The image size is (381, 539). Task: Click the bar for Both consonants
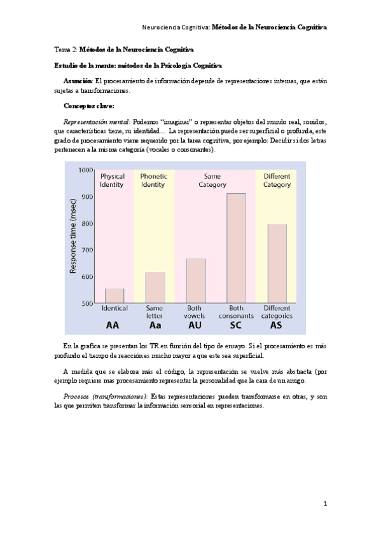(x=236, y=249)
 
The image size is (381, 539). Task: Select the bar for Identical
(x=114, y=296)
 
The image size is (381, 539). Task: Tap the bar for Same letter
(x=155, y=288)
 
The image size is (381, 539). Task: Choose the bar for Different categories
(x=276, y=264)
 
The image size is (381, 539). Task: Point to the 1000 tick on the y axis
(x=85, y=170)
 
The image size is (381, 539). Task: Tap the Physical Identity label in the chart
(x=113, y=181)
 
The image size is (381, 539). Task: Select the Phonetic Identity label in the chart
(x=153, y=181)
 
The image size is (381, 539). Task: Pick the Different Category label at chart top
(x=276, y=181)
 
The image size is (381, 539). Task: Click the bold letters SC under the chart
(x=236, y=325)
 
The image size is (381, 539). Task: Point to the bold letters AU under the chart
(x=195, y=325)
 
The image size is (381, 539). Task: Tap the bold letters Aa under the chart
(x=155, y=325)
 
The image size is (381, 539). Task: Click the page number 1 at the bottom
(x=324, y=504)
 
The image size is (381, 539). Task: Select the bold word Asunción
(x=78, y=81)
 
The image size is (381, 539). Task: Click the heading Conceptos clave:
(x=89, y=106)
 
